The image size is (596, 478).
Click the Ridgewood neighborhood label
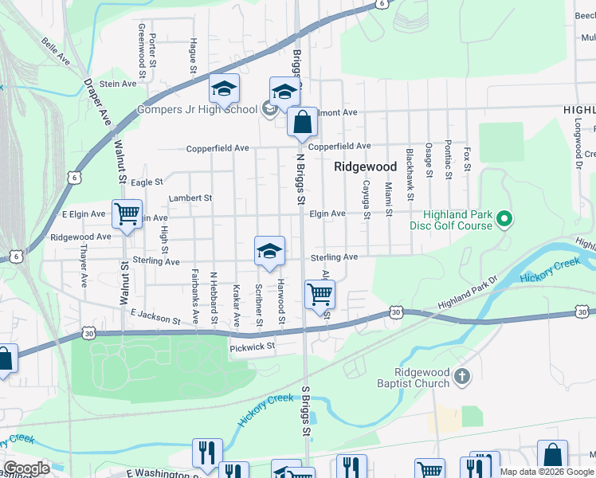pos(365,167)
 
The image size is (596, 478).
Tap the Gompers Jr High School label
pos(197,109)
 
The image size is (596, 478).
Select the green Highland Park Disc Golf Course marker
pos(504,217)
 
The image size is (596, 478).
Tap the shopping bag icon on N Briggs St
pos(302,123)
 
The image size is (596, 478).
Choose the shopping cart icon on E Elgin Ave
pos(127,214)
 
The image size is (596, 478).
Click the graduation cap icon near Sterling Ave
pos(270,251)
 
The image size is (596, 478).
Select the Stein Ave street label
pos(119,84)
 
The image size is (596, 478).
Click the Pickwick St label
pos(252,347)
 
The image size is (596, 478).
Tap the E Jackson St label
pos(156,318)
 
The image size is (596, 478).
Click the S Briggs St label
pos(304,411)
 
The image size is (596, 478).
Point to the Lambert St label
pos(190,198)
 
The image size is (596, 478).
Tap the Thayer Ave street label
pos(83,265)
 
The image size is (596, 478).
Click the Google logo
pos(26,469)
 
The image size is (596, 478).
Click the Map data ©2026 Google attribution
pos(547,472)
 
